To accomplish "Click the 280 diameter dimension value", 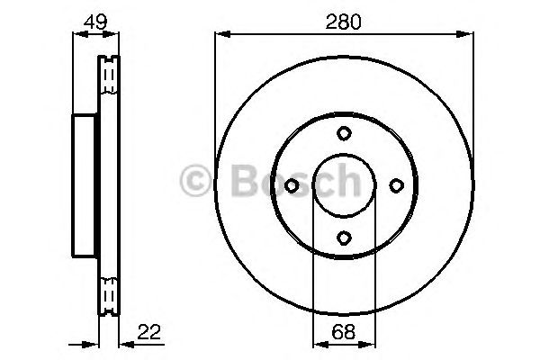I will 344,21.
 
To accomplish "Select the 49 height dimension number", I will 94,21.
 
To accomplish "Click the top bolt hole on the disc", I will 344,133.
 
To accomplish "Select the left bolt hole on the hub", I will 292,185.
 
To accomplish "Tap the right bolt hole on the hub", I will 396,185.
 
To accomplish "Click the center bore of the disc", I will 344,185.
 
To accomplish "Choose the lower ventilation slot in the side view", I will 108,294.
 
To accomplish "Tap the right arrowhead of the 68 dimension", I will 371,344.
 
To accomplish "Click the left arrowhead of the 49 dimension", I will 76,35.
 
